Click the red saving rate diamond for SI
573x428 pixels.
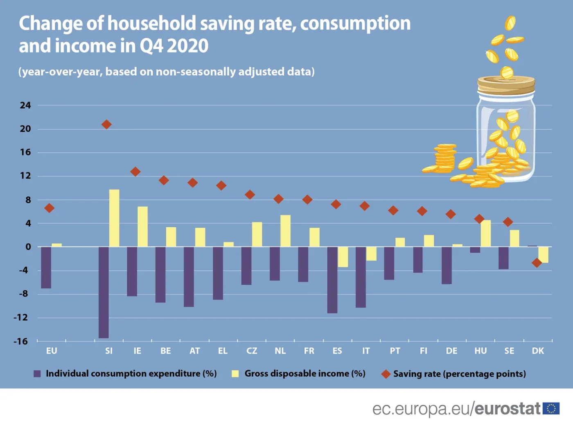[106, 125]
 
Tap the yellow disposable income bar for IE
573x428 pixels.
[142, 226]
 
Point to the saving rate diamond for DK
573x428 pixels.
[537, 263]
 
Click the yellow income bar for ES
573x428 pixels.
[343, 257]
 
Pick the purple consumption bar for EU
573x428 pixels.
[46, 267]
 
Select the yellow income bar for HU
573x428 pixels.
[485, 233]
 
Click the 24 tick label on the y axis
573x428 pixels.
[25, 105]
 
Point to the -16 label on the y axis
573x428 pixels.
[21, 341]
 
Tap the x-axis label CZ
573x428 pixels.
[252, 351]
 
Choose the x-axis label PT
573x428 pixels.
[395, 351]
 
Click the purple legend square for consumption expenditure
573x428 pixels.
[37, 374]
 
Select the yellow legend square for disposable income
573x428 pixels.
[235, 374]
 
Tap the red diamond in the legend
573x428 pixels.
[386, 374]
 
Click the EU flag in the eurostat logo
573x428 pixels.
[551, 408]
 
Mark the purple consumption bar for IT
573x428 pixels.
[361, 277]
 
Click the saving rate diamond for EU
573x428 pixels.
[49, 208]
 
